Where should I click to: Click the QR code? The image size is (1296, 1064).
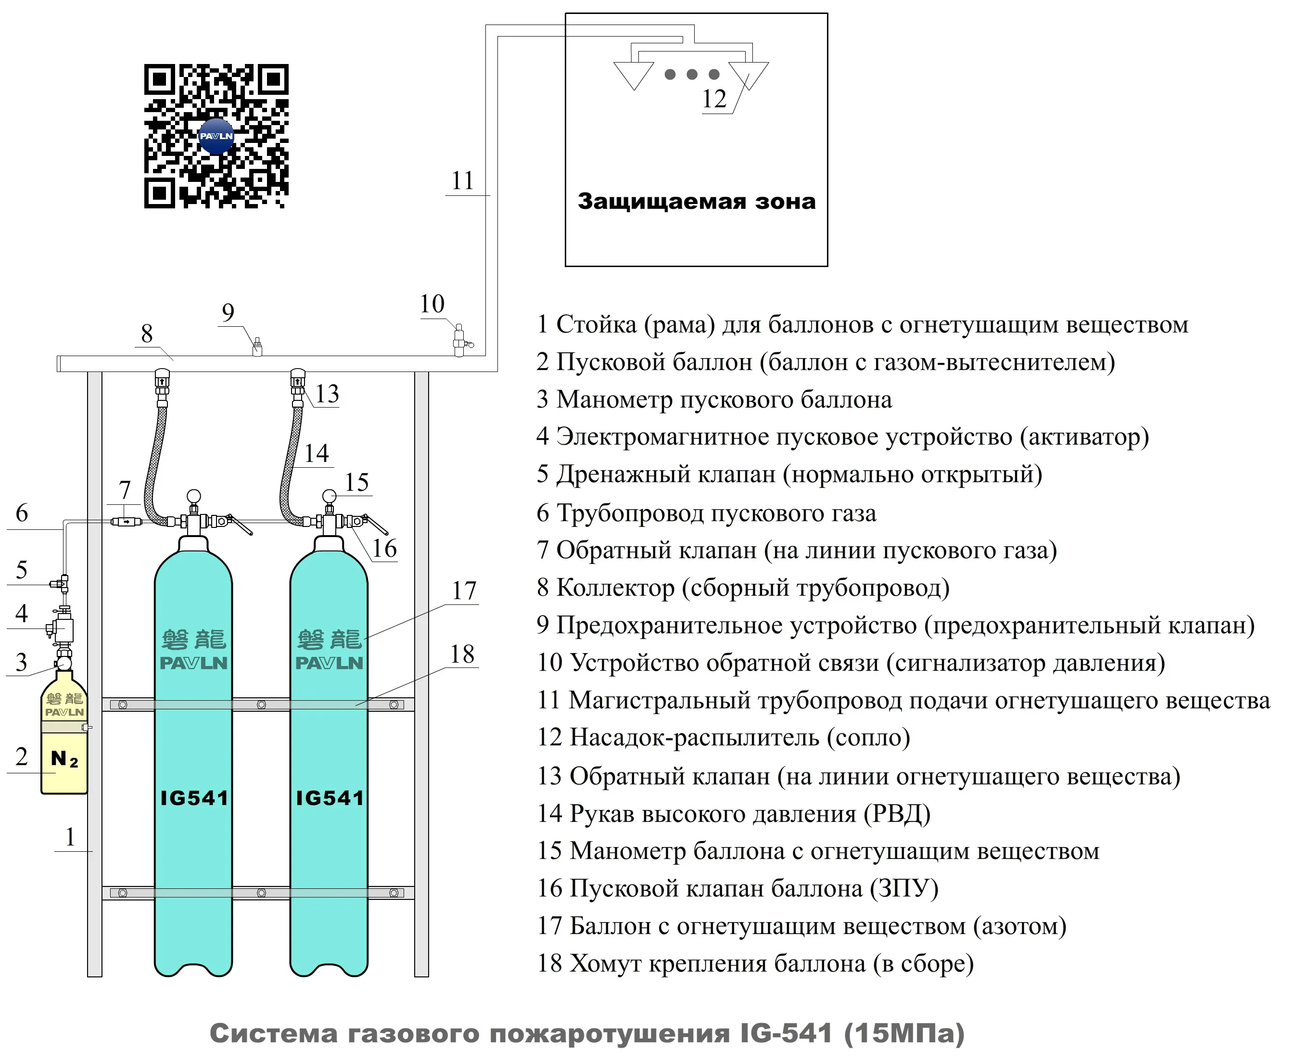pos(216,136)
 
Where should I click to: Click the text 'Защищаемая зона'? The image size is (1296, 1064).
pos(696,202)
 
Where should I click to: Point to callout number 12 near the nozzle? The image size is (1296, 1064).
pos(714,99)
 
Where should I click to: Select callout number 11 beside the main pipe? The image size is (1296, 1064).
pos(463,181)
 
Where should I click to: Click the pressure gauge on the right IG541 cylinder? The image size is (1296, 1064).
pos(329,496)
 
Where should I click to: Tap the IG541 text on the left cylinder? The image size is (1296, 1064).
pos(194,797)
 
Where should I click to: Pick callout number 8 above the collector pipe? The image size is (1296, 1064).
pos(146,334)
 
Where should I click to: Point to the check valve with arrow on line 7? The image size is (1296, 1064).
pos(126,522)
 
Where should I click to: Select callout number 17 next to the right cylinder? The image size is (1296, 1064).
pos(464,591)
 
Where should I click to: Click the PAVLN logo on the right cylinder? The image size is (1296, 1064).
pos(329,663)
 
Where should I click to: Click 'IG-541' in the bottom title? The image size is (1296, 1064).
pos(786,1033)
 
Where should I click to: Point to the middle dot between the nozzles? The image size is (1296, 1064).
pos(692,74)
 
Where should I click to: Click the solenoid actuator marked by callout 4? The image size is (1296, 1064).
pos(62,629)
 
